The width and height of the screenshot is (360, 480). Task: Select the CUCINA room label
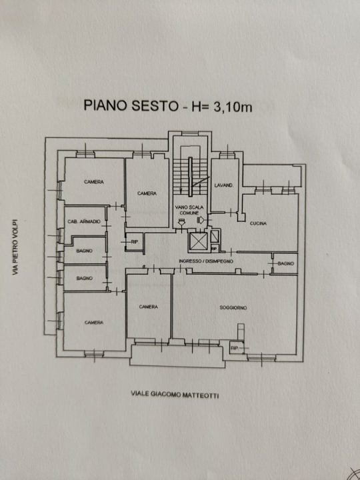coord(258,223)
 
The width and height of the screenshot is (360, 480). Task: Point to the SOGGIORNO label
coord(233,307)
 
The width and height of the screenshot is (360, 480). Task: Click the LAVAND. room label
coord(223,185)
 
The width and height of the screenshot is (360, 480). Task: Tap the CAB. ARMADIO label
coord(84,221)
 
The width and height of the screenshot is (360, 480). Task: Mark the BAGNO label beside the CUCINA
coord(286,264)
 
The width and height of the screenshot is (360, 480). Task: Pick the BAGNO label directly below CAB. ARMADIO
coord(84,251)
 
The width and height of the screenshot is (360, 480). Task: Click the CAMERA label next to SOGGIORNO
coord(148,307)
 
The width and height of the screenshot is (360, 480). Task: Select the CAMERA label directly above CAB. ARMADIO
coord(93,182)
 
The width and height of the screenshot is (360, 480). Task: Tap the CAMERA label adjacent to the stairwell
coord(147,193)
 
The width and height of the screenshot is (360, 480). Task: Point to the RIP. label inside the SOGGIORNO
coord(235,348)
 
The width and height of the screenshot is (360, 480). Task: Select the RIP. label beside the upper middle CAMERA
coord(133,241)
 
